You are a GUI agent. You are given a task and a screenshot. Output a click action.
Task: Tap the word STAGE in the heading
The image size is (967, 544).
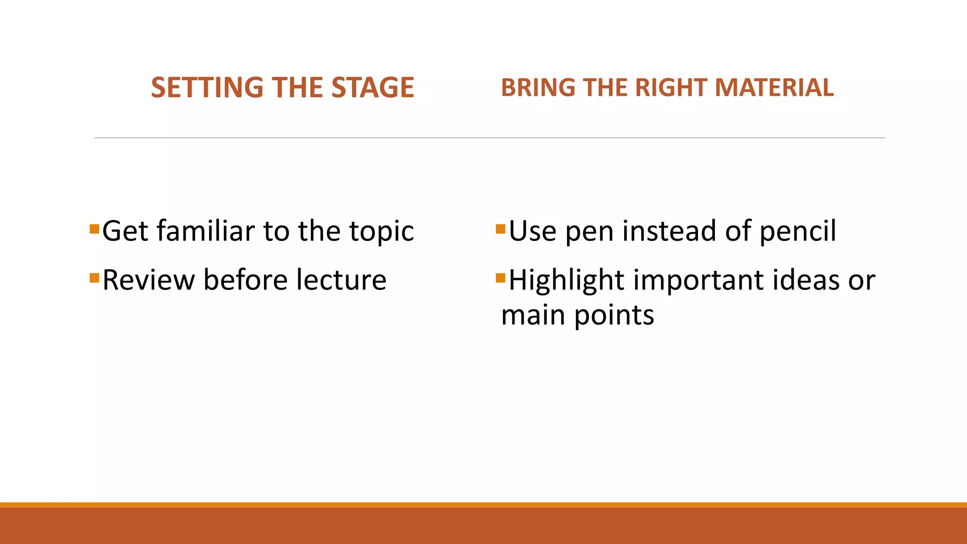point(373,88)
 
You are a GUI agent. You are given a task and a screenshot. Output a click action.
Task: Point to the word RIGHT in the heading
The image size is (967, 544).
point(670,88)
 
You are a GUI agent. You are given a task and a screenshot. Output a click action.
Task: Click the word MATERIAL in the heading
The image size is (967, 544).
point(774,88)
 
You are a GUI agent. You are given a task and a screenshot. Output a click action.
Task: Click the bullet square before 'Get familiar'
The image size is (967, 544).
point(94,229)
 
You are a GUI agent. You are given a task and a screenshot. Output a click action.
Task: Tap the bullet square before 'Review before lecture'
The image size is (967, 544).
point(94,277)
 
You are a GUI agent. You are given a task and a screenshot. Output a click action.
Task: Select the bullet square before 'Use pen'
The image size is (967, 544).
point(500,229)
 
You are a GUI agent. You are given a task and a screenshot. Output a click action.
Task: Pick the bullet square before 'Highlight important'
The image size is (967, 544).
point(500,277)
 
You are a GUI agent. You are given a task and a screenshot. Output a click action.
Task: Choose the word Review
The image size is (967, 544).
point(148,280)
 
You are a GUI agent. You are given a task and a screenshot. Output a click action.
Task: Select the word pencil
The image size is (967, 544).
point(797,231)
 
